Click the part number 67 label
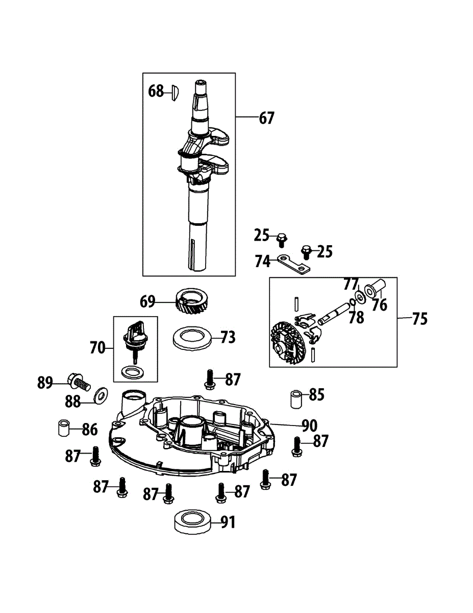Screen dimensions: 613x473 coord(266,118)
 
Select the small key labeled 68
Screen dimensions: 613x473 coord(173,92)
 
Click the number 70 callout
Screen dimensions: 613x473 coord(97,348)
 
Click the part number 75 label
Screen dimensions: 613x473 coord(419,319)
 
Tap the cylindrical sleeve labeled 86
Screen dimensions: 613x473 coord(62,428)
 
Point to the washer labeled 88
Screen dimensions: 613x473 coord(101,393)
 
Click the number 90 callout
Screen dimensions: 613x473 coord(310,425)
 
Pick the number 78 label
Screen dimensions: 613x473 coord(357,317)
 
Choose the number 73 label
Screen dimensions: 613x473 coord(228,338)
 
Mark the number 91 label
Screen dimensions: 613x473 coord(228,522)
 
